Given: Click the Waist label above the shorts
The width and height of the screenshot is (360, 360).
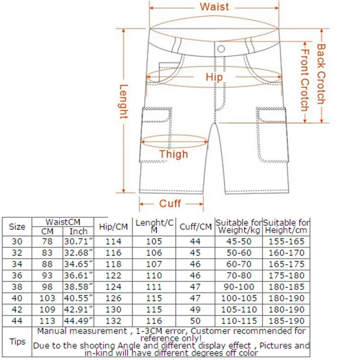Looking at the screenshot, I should point(214,7).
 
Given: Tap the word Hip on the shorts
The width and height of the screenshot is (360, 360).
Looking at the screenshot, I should point(214,77).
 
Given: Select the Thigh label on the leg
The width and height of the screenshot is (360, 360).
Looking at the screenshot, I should point(173,154).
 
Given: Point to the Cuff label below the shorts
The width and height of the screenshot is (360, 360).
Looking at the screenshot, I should point(170,204).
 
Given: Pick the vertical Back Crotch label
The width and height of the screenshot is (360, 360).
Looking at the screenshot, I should point(321,74).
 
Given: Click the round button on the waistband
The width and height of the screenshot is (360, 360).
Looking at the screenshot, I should point(220,48).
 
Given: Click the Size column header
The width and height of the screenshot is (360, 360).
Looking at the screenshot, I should point(17,227).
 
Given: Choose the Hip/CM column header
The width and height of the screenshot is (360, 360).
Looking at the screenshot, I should point(113,227).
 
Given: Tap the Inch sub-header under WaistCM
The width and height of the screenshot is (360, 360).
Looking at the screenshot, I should point(78,232).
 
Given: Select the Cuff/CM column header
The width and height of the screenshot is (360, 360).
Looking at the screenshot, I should point(195,227).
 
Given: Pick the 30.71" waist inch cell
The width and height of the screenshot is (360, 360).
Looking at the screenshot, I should point(78,242).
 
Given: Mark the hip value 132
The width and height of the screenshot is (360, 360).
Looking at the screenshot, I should point(113,321).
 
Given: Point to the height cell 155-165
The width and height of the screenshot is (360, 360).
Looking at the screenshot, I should point(287,242).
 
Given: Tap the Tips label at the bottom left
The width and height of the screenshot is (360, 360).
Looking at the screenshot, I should point(17,341).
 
